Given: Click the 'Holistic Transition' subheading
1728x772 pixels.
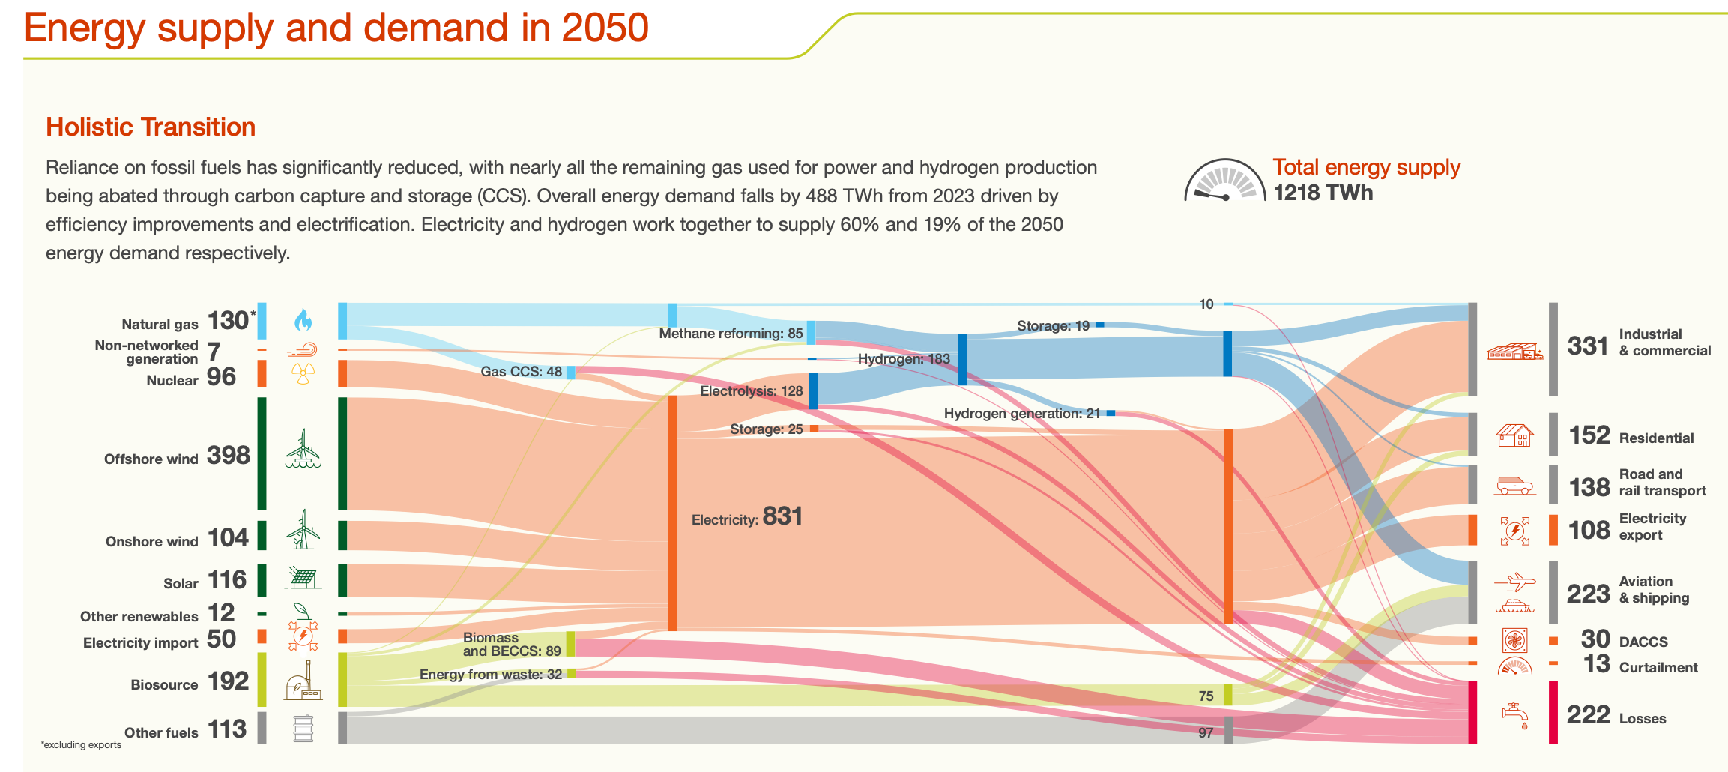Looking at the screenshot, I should coord(151,127).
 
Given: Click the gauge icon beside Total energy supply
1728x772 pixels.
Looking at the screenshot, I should coord(1224,181).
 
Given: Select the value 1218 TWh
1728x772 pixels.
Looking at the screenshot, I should coord(1323,193).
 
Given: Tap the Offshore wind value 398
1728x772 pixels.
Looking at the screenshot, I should coord(228,455).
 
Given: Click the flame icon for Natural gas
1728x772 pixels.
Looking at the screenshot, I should coord(303,321).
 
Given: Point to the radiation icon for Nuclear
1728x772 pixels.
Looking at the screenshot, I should coord(303,373).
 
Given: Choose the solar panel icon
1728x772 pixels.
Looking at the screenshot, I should coord(303,578).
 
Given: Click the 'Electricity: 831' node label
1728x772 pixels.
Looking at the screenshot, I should coord(746,517).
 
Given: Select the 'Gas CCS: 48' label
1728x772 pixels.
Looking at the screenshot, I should coord(521,372).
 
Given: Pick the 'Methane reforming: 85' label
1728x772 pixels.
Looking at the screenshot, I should coord(731,334).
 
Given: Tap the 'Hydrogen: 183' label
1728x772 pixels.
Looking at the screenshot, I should coord(904,359).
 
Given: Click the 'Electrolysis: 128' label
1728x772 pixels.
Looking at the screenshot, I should coord(751,391).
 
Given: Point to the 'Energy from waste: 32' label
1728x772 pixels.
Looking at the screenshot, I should coord(490,675).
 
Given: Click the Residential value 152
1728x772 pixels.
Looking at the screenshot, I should coord(1589,435).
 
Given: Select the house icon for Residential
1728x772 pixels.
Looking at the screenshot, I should coord(1514,435).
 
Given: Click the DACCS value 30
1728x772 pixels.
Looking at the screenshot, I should coord(1595,639).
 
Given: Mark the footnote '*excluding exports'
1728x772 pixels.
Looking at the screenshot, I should coord(81,745).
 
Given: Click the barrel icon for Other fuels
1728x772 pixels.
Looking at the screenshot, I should coord(303,728).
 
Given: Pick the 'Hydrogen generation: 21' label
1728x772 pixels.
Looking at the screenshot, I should coord(1021,414).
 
